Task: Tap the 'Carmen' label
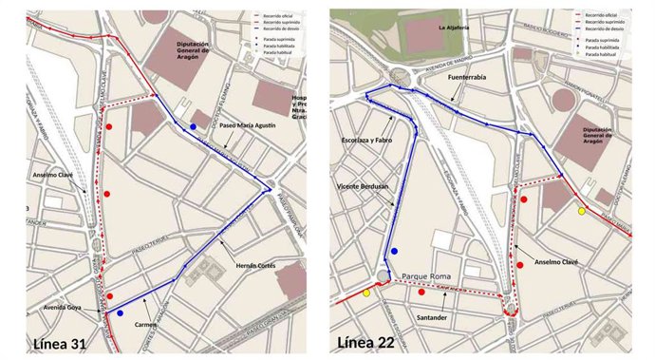coord(146,324)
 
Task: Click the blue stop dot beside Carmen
coord(120,313)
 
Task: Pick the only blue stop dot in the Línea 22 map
coord(394,251)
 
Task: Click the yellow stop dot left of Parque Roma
coord(366,293)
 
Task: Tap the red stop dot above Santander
coord(421,293)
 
